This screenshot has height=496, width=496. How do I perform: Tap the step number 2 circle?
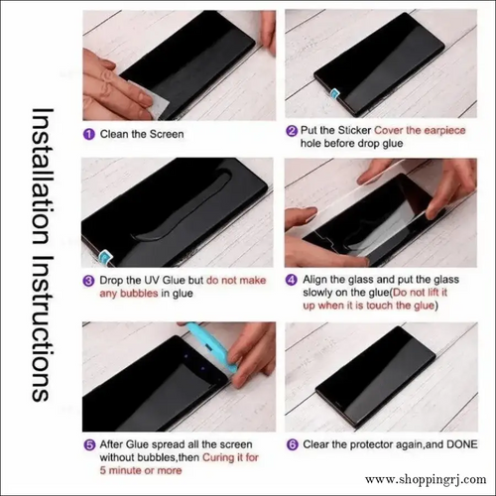(x=292, y=130)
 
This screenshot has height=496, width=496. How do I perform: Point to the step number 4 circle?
(x=292, y=280)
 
